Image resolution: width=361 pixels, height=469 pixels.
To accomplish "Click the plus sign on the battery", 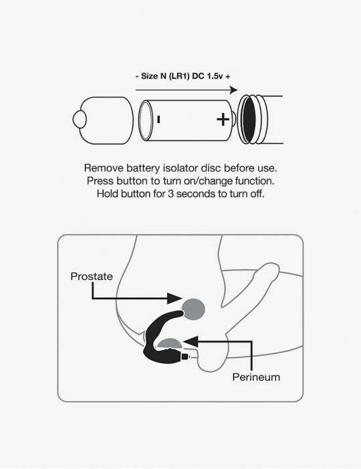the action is [x=223, y=120].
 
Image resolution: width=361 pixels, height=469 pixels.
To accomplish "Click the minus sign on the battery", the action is [x=158, y=120].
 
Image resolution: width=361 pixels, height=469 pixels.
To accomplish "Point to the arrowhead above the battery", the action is [x=233, y=90].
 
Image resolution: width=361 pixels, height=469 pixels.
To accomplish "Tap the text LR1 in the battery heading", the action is [x=179, y=76].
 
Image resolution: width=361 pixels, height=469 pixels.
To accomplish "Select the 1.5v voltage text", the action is [x=215, y=76].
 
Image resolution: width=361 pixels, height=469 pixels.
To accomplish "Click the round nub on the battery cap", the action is [x=80, y=120].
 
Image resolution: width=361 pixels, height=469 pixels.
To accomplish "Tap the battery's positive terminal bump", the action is [x=233, y=120].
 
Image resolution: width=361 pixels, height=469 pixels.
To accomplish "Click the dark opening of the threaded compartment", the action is [x=249, y=120].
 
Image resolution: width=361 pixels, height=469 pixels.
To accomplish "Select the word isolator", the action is [x=180, y=168].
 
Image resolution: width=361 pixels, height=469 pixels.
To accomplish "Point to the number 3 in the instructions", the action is [x=170, y=194].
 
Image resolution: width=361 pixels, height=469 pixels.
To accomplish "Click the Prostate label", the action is [x=92, y=276].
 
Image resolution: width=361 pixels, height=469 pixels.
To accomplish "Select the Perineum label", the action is [x=256, y=377].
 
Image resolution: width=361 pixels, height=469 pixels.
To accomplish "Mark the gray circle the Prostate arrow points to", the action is [x=193, y=309].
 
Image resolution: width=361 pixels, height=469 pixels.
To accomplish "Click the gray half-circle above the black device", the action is [x=170, y=343].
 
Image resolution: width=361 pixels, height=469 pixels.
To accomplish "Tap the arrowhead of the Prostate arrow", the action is [x=174, y=298].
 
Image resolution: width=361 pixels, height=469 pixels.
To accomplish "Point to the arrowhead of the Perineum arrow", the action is [x=191, y=341].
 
